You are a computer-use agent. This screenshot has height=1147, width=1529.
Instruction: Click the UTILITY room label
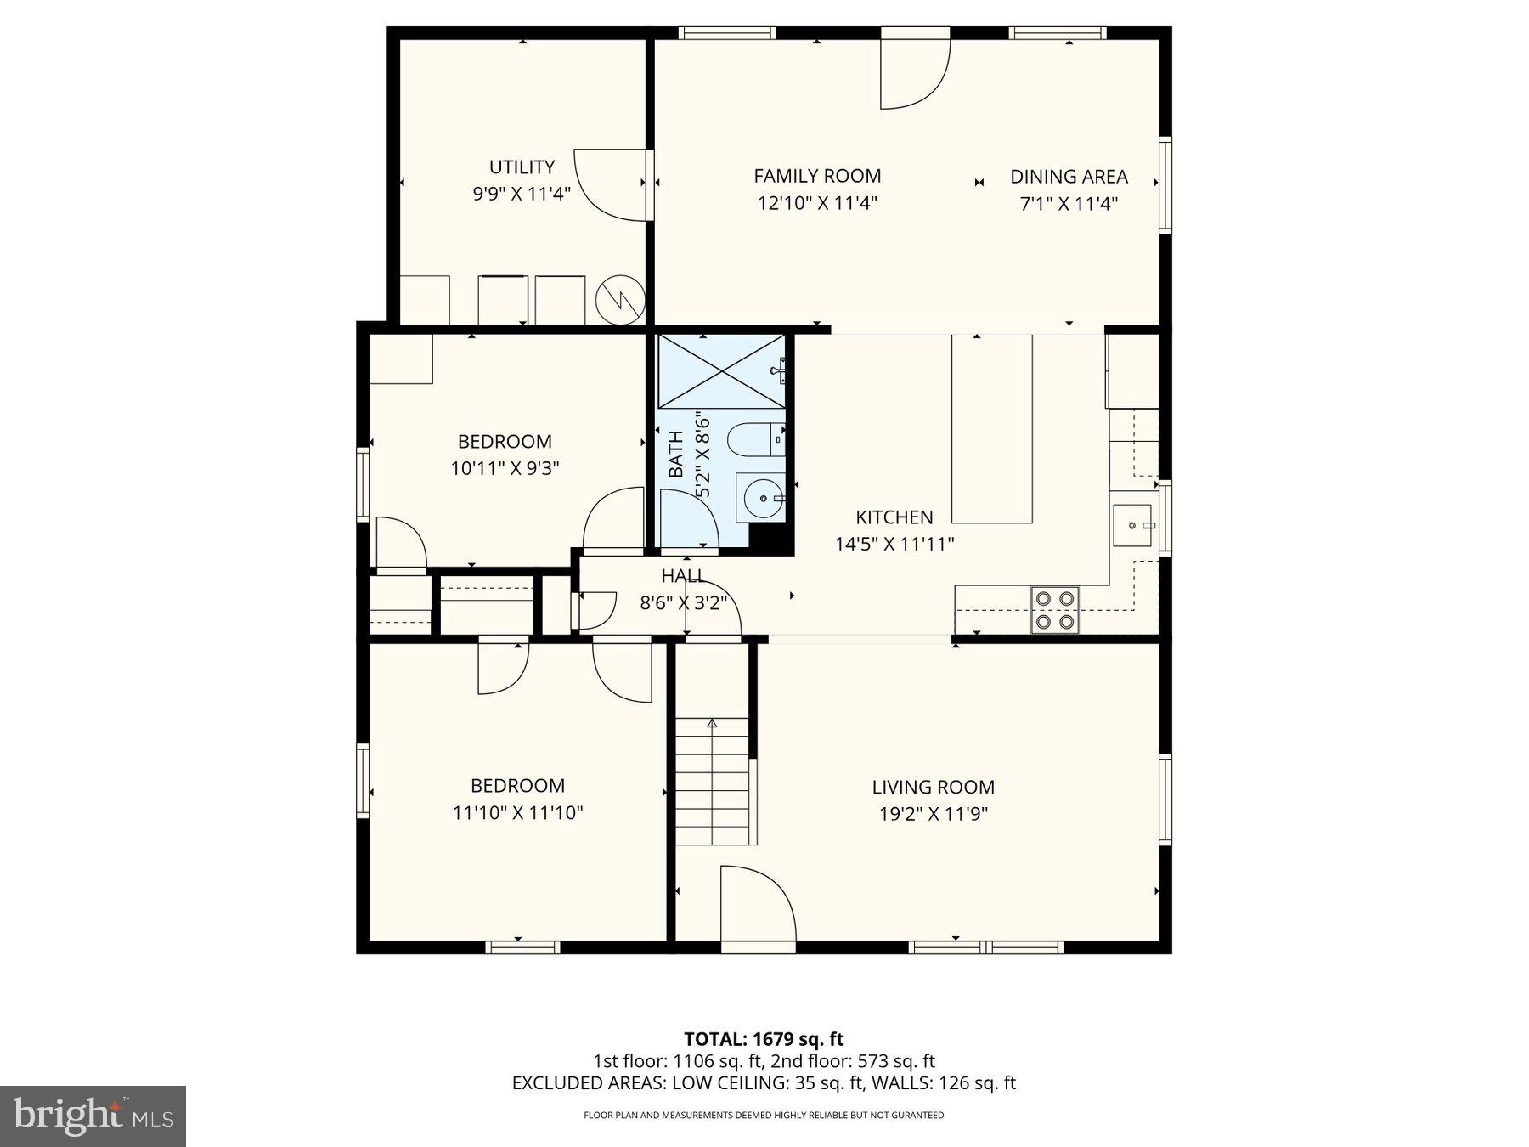(x=522, y=167)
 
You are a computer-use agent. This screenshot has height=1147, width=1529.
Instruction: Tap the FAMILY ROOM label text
(x=817, y=176)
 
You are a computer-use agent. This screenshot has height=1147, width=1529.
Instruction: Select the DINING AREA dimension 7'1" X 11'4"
(x=1069, y=203)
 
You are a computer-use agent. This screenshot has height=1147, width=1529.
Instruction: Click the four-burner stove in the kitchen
(x=1054, y=610)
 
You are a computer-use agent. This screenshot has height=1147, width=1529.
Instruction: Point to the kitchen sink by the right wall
(x=1132, y=525)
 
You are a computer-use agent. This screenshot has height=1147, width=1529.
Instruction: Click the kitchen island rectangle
(x=991, y=429)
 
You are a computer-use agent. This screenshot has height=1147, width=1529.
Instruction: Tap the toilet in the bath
(x=753, y=440)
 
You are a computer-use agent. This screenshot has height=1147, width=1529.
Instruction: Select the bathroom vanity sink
(x=760, y=498)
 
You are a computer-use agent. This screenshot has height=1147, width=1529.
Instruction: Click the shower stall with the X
(x=722, y=371)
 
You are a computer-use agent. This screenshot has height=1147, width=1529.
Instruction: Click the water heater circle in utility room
(x=620, y=299)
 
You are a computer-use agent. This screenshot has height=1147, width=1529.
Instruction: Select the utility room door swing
(x=612, y=185)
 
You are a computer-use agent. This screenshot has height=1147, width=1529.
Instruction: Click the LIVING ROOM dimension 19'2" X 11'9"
(x=933, y=814)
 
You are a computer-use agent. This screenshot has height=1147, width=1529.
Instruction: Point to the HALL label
(x=683, y=576)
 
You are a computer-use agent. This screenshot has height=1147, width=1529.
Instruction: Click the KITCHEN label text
(x=894, y=517)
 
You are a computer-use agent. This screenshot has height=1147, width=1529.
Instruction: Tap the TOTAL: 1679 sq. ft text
(x=764, y=1038)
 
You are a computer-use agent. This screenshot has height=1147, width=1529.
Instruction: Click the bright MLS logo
(x=93, y=1116)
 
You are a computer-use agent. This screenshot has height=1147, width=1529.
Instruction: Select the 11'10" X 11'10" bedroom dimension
(x=517, y=812)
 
